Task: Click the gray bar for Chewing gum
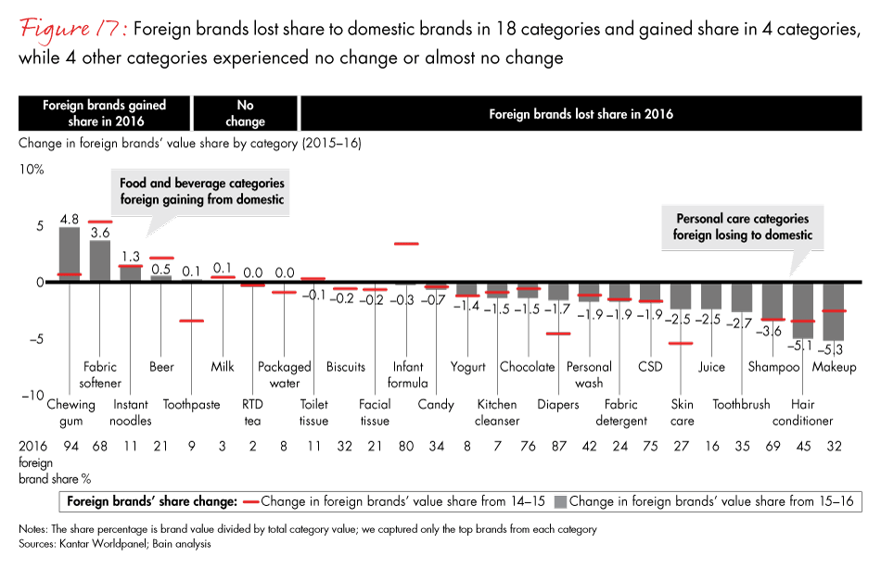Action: (x=70, y=255)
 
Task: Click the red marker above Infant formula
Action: (x=406, y=244)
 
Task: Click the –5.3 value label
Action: (x=834, y=349)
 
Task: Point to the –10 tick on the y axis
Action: (x=32, y=396)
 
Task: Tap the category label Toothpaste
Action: (x=192, y=404)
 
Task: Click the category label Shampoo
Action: (x=773, y=367)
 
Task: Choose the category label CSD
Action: (x=650, y=367)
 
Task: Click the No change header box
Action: (x=246, y=114)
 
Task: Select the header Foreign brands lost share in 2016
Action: (x=581, y=114)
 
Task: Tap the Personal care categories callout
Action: (x=742, y=227)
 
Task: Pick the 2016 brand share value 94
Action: (x=70, y=446)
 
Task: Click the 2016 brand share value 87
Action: (x=559, y=446)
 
